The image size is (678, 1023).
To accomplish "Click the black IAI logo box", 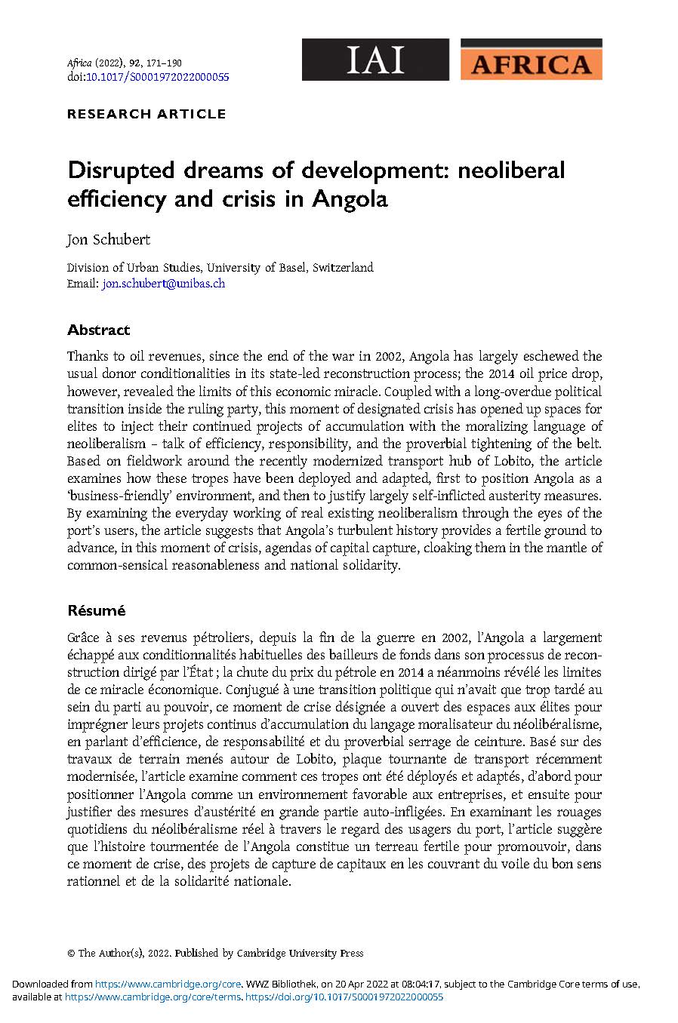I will coord(375,60).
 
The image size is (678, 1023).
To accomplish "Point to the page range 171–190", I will coord(161,63).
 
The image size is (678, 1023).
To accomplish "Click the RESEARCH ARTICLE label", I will coord(146,115).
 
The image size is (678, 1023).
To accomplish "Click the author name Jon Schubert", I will coord(109,240).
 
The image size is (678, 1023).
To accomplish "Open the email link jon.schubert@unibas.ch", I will coord(164,284).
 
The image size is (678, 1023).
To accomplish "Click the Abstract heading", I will coord(98,330).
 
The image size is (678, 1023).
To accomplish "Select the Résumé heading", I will coord(96,610).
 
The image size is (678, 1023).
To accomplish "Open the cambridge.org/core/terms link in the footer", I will coord(153,997).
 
